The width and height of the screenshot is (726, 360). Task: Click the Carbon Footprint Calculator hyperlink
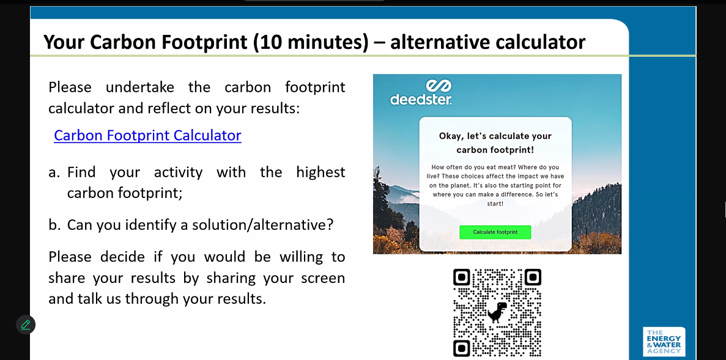[x=147, y=135]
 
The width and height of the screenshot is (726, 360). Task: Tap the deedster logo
[x=421, y=92]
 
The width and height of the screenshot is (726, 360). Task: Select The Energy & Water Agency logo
[x=664, y=342]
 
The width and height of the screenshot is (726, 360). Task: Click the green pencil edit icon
[x=26, y=325]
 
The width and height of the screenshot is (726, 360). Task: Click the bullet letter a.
[x=54, y=172]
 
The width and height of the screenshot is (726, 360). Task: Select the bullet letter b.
[x=54, y=224]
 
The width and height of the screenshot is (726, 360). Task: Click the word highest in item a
[x=321, y=172]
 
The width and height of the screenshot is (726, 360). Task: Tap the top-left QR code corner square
[x=462, y=277]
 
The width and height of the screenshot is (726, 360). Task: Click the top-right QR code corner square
[x=533, y=277]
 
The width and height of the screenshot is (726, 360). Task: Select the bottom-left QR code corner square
[x=462, y=348]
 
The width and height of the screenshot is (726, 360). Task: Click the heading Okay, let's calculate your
[x=495, y=136]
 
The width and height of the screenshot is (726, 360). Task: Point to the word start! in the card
[x=495, y=204]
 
